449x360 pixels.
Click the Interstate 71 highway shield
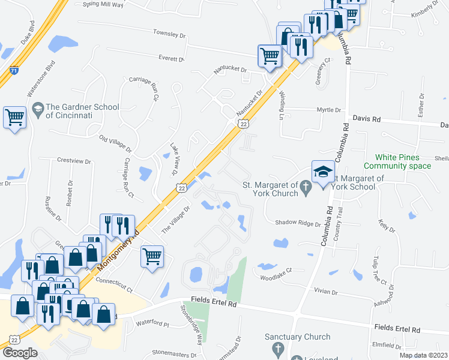13,71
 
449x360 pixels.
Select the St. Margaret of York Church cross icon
306,188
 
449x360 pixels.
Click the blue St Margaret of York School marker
323,173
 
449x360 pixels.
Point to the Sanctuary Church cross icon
277,348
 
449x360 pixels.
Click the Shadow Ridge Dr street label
298,223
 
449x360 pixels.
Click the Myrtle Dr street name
329,110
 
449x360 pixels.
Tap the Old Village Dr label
115,144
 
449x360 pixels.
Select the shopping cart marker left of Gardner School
15,118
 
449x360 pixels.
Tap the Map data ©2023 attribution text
423,355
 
